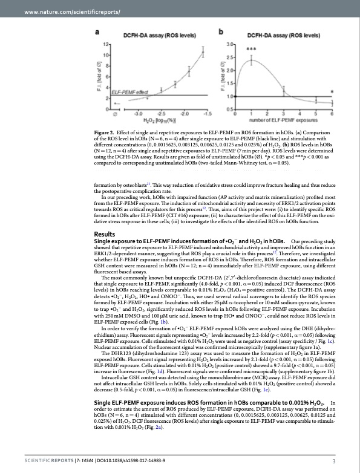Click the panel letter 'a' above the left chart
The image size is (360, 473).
[99, 31]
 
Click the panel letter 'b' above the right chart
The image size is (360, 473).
[220, 31]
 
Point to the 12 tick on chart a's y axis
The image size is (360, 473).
[106, 45]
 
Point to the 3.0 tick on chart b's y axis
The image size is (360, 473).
[229, 45]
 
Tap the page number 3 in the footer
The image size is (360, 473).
[334, 462]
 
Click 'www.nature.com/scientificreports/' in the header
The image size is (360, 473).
[59, 12]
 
